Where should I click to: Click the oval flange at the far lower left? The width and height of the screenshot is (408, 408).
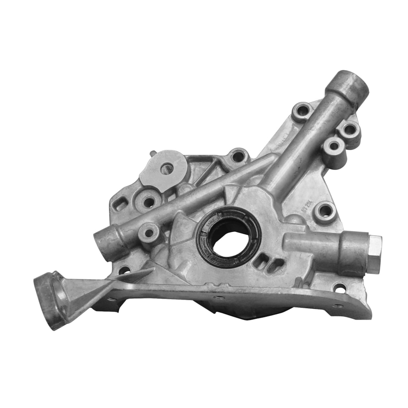[x=49, y=300]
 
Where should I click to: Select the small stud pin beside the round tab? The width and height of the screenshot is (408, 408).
[x=152, y=154]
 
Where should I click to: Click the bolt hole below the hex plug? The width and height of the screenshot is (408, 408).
[x=339, y=288]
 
